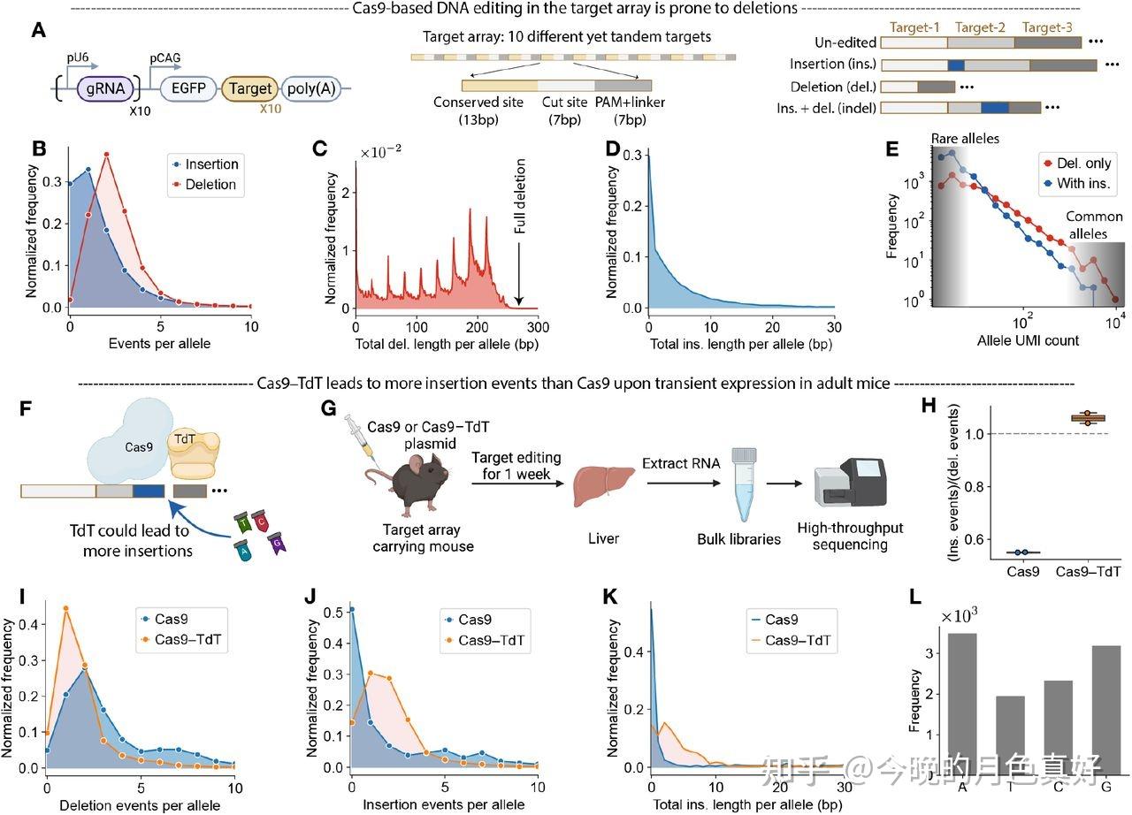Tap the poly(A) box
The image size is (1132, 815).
coord(311,89)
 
